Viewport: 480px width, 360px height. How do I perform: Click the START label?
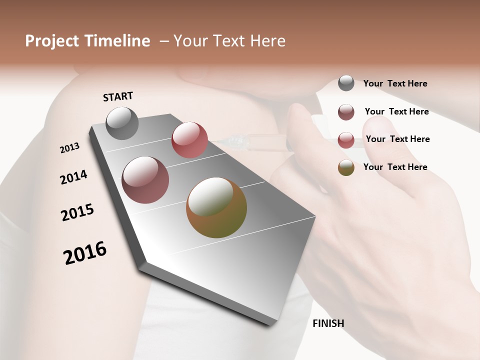pos(118,96)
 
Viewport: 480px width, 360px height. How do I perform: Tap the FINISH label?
pos(328,323)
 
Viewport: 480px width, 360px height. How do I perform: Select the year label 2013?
pos(69,148)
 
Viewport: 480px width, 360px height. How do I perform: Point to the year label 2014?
pos(73,177)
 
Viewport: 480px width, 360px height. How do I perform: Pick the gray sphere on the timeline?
pos(122,123)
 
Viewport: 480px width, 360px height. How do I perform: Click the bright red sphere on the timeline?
pos(189,139)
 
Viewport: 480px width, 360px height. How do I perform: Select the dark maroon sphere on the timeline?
pos(145,179)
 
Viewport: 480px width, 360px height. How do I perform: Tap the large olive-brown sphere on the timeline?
pos(216,207)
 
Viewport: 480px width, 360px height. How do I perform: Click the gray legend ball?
pos(346,83)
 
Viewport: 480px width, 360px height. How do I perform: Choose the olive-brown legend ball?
pos(346,167)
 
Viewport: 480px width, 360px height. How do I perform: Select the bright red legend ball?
pos(346,140)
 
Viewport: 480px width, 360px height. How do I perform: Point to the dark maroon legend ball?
pos(346,112)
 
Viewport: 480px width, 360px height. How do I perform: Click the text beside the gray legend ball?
pos(395,83)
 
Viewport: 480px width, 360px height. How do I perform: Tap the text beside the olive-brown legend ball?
pos(395,167)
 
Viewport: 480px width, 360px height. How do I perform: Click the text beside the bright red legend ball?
pos(397,139)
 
